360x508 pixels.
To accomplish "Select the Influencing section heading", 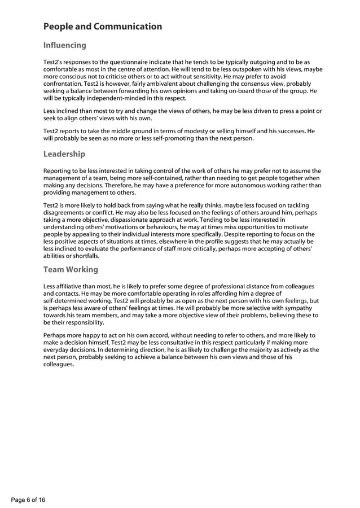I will click(65, 45).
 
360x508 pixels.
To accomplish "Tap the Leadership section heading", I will click(64, 154).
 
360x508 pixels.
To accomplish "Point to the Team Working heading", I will click(71, 270).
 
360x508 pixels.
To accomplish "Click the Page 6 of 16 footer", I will click(28, 500).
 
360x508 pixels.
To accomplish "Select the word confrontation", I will click(64, 84).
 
